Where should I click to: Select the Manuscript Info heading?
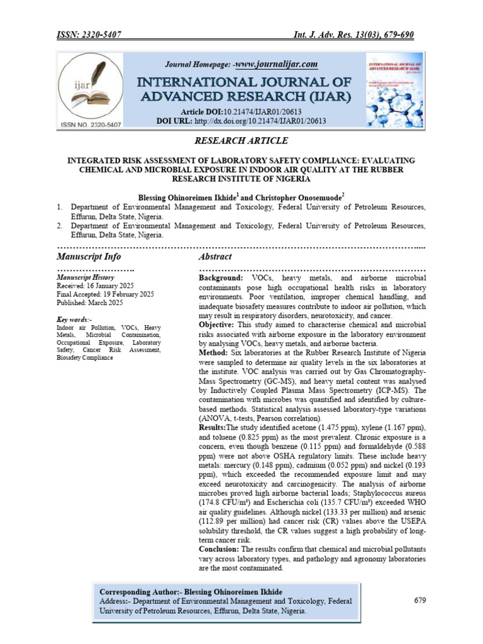pyautogui.click(x=89, y=257)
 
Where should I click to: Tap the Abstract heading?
pyautogui.click(x=215, y=257)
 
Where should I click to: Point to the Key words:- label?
pyautogui.click(x=74, y=319)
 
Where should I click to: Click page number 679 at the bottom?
pyautogui.click(x=421, y=600)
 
